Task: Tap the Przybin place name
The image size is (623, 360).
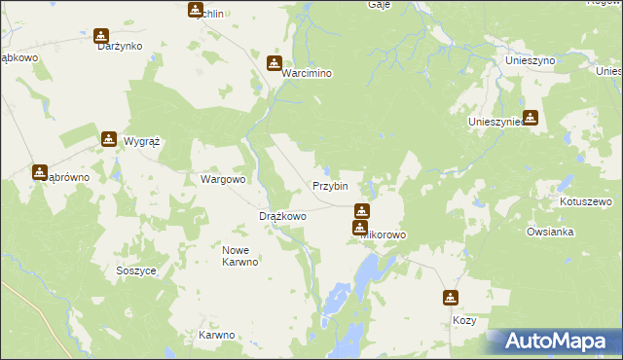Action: (x=330, y=186)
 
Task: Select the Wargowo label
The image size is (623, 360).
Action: (x=223, y=179)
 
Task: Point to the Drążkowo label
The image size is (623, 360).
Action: (x=282, y=216)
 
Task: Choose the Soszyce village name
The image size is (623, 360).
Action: (x=135, y=270)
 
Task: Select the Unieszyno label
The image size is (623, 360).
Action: (x=531, y=60)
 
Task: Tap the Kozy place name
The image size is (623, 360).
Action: (x=464, y=319)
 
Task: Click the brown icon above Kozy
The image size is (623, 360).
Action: (x=451, y=298)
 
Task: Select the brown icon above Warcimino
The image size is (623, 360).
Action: (x=274, y=64)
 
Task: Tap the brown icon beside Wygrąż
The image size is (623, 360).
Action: (x=108, y=139)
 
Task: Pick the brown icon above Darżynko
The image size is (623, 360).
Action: (x=101, y=37)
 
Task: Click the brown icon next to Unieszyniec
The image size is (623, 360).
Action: (x=531, y=119)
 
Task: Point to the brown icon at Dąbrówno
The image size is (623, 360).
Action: (x=40, y=172)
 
